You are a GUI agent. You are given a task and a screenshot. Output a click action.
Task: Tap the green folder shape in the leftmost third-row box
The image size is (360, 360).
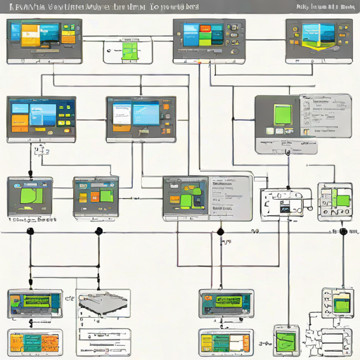click(x=30, y=194)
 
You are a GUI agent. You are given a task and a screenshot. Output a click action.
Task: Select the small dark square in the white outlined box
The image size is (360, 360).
click(x=285, y=209)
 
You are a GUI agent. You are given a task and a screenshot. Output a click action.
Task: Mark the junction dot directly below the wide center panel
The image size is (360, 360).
click(x=220, y=231)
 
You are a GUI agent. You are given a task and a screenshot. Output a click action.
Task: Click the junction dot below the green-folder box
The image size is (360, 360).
click(x=30, y=231)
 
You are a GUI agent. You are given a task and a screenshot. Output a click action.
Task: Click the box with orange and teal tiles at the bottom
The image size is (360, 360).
click(x=33, y=342)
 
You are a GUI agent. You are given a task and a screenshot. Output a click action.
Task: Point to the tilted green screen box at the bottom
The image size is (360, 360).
click(x=287, y=341)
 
